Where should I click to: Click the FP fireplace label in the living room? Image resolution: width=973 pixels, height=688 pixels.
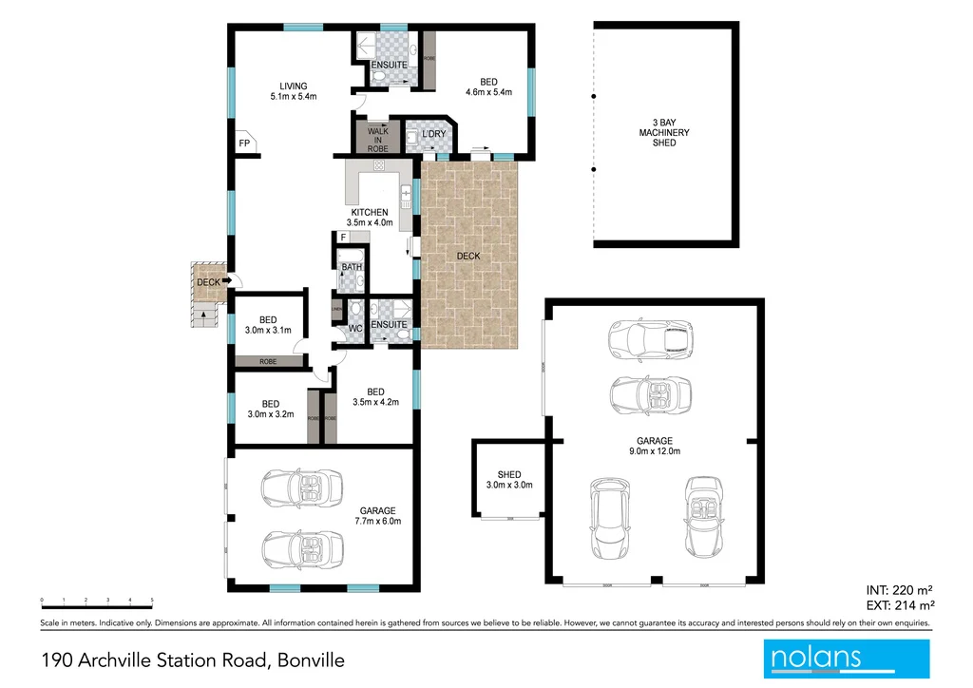[x=244, y=143]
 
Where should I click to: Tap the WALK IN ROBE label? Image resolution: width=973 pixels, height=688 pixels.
[x=377, y=141]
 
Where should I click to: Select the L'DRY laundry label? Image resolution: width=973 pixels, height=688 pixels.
[x=434, y=134]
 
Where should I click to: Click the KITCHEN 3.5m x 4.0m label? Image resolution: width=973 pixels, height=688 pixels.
[x=369, y=217]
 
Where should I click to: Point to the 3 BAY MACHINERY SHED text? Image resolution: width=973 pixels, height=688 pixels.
[x=664, y=132]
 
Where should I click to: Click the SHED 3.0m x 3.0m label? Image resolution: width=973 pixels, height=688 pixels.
[x=509, y=480]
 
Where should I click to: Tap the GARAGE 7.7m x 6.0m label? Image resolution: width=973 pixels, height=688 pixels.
[x=378, y=516]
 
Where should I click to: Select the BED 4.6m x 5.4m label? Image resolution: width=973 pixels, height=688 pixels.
[x=488, y=86]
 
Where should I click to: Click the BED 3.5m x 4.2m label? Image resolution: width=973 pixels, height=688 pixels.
[x=375, y=396]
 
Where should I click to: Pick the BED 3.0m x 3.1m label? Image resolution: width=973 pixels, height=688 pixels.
[x=268, y=325]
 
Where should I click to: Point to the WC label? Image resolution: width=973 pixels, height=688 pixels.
[x=355, y=330]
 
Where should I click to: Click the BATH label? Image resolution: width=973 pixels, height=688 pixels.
[x=352, y=267]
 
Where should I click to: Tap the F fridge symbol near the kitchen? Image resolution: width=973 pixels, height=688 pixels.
[x=341, y=237]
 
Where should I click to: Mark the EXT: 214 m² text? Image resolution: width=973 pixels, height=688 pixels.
[x=900, y=604]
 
